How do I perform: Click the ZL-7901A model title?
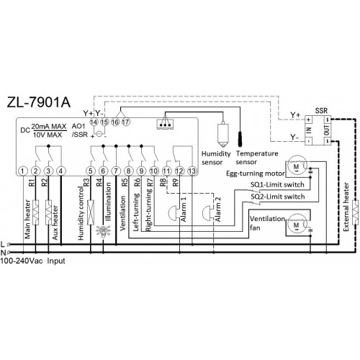39,102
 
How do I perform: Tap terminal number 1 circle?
23,171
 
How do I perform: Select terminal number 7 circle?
116,171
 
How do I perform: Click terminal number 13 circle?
192,171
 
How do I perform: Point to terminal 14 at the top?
94,122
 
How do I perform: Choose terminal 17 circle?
125,122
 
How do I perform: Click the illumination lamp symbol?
104,231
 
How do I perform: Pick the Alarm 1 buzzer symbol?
174,212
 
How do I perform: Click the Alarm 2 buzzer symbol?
208,212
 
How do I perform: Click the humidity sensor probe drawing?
223,135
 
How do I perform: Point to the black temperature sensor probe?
240,139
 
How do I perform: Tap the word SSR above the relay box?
321,111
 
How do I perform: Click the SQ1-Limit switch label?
277,184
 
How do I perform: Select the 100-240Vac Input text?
32,261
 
